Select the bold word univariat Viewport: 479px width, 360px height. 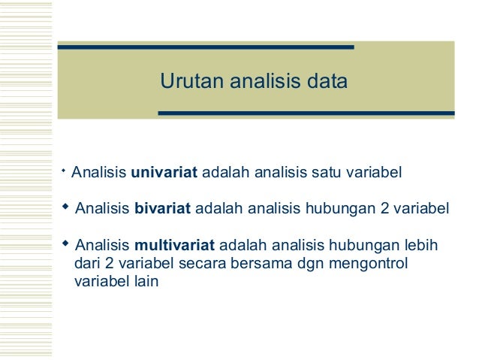(x=164, y=174)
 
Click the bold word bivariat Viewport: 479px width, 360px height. (x=163, y=208)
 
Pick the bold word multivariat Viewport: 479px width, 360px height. (x=175, y=245)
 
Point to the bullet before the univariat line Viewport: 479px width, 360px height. (x=64, y=172)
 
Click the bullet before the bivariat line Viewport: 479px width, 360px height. (x=65, y=205)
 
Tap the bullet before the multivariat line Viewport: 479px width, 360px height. (x=65, y=243)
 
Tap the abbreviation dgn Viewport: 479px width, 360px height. (x=303, y=265)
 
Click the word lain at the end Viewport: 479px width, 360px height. (x=144, y=284)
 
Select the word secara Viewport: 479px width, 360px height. (x=199, y=265)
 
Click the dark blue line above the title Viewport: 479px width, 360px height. (x=206, y=47)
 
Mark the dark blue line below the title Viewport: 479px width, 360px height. (x=306, y=114)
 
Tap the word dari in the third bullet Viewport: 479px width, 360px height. (x=89, y=265)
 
